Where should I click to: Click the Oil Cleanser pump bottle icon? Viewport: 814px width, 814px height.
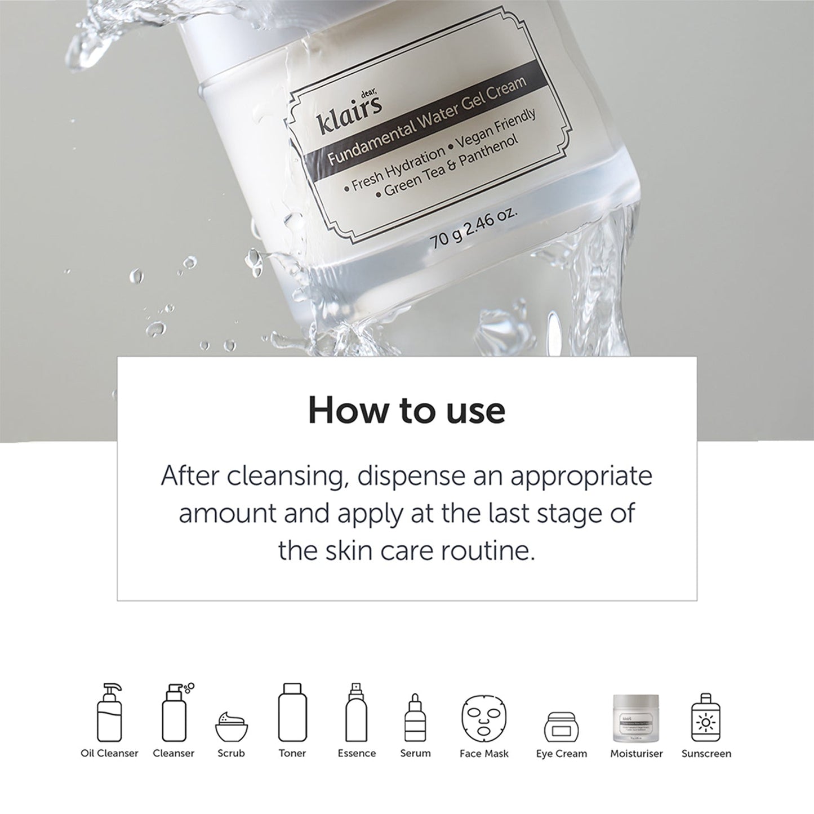[x=109, y=713]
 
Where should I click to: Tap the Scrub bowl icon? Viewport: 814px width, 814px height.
[x=232, y=727]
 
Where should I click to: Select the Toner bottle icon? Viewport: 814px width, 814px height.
[x=292, y=713]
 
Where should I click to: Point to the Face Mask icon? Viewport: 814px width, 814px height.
[x=484, y=718]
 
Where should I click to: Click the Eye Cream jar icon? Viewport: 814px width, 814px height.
[x=561, y=727]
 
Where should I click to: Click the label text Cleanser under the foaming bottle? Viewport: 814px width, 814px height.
[x=174, y=753]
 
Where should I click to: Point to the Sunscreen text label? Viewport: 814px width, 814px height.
[x=706, y=753]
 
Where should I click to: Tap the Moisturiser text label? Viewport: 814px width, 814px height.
[x=637, y=753]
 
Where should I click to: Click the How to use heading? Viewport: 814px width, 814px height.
[x=406, y=411]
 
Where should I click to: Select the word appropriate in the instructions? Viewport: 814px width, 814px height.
[x=581, y=476]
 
